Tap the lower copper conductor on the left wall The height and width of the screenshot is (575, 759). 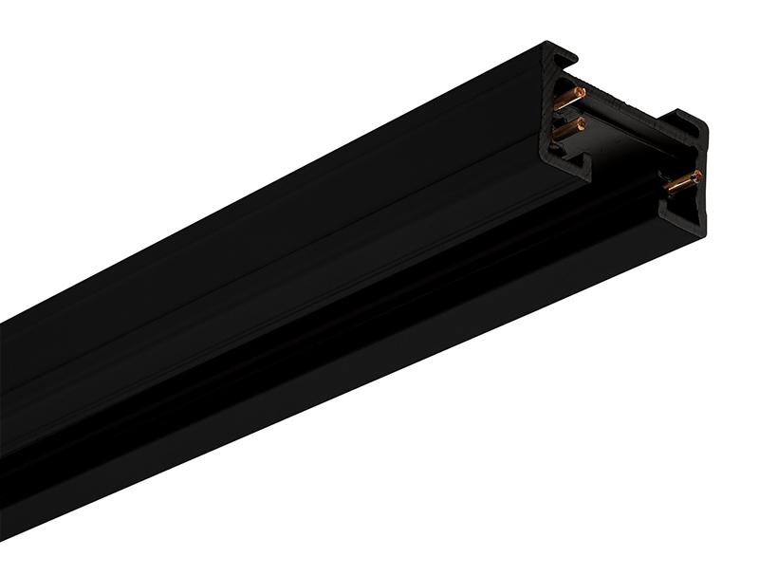566,129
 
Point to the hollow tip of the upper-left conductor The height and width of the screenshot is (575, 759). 580,92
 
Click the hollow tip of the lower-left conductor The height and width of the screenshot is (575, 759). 579,123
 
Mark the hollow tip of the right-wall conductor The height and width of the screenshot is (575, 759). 696,176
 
